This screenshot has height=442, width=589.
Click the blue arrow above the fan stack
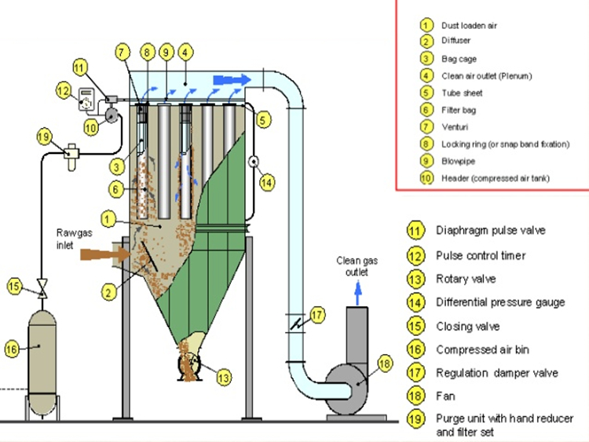358,294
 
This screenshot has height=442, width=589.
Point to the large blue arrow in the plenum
232,80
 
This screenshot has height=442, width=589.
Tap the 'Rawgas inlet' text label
74,239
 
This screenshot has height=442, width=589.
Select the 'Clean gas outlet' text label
357,266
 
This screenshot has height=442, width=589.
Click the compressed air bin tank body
42,353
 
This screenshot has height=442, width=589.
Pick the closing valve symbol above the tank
42,288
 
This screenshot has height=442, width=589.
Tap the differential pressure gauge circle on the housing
254,162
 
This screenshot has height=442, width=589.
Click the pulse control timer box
86,99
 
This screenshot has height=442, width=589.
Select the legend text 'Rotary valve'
466,279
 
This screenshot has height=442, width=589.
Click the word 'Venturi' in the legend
455,127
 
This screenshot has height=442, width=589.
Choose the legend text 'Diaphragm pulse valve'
491,230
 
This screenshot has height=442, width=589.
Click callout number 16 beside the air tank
12,349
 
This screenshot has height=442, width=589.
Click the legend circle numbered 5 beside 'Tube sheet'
426,93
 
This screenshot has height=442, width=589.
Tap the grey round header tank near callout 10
112,115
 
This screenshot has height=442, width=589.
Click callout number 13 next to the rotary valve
224,377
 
